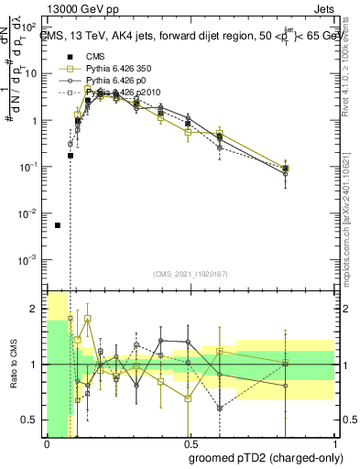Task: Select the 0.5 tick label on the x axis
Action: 190,442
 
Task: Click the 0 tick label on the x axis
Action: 47,442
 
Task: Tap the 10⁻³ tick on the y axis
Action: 29,260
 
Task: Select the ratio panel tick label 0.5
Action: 30,420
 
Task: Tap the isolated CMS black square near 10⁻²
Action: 58,225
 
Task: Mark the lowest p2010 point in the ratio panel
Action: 220,408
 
